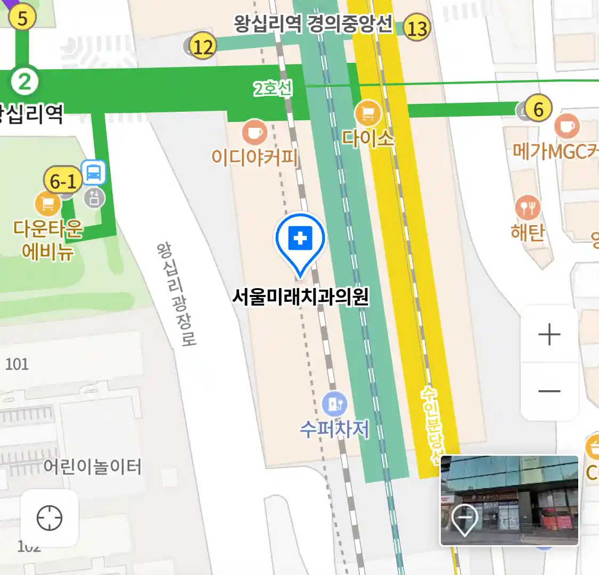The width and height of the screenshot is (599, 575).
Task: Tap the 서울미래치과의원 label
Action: (x=300, y=297)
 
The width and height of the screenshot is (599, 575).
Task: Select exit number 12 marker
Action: (x=202, y=46)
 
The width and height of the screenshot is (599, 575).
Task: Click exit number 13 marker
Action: (x=416, y=27)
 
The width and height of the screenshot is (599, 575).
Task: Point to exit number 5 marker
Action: (x=22, y=18)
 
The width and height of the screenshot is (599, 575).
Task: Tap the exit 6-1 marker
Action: (x=63, y=181)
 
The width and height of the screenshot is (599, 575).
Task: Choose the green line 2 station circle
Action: (x=24, y=81)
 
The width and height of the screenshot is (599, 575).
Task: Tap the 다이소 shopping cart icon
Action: (x=367, y=113)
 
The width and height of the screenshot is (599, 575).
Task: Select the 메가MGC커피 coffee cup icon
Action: (x=567, y=126)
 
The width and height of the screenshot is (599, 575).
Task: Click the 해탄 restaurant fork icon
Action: (x=527, y=208)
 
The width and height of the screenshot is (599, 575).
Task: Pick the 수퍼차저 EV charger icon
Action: (x=334, y=405)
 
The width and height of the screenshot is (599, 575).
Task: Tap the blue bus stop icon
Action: (x=94, y=172)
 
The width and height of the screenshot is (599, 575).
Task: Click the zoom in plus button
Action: (x=549, y=334)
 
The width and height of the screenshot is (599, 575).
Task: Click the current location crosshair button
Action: (x=50, y=518)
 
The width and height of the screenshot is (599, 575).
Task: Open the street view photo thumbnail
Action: (x=509, y=500)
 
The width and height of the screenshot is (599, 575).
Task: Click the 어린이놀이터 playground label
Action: (x=93, y=467)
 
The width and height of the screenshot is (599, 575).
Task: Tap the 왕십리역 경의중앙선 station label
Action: (x=313, y=24)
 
